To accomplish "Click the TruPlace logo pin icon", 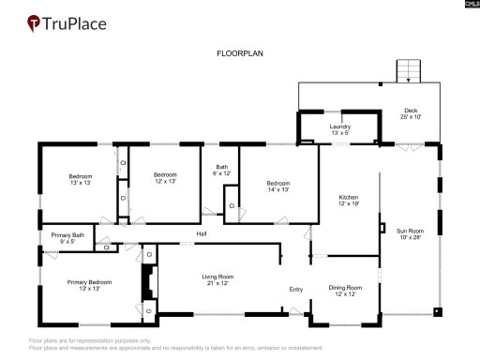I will (33, 22).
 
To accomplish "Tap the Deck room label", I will (411, 111).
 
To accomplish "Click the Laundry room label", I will (339, 127).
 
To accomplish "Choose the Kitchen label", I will (349, 198).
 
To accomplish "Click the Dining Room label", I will (345, 288).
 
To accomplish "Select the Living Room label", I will (217, 277).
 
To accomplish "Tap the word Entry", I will (296, 289).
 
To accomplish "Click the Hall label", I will (201, 233).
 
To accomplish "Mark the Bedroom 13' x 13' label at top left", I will (80, 178).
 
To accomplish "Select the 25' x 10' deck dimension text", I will (411, 117).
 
